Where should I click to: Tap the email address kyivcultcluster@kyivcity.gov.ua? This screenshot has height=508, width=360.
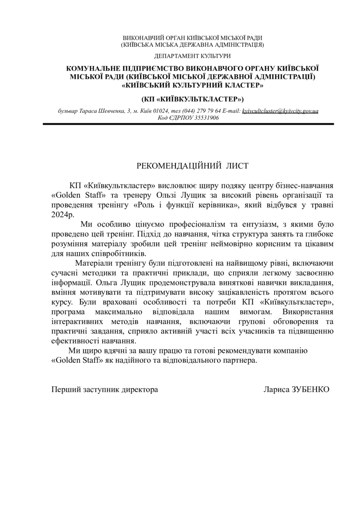(280, 111)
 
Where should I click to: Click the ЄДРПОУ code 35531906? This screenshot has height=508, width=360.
(207, 117)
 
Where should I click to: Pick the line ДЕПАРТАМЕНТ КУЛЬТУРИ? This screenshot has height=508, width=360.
(192, 56)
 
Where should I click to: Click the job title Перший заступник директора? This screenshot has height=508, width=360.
(104, 389)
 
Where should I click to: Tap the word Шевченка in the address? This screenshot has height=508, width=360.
(109, 111)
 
